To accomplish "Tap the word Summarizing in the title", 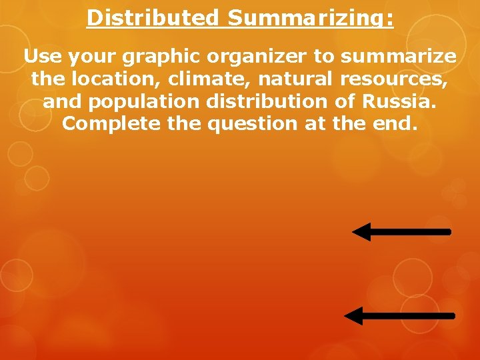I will coord(310,17).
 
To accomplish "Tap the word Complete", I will coord(113,124).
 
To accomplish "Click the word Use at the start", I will coord(41,56).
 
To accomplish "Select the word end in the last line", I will coord(397,124).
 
